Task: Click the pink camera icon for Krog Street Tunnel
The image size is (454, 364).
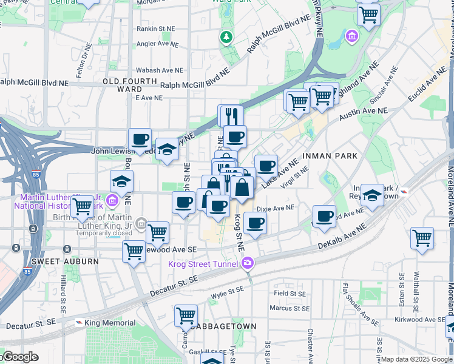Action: (247, 263)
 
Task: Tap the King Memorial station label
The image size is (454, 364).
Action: (103, 323)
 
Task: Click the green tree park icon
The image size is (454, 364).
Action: (227, 38)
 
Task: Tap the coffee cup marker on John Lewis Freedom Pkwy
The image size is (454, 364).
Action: (140, 140)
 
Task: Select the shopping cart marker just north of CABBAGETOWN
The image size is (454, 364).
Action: (186, 315)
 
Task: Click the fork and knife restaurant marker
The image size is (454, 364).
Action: (231, 115)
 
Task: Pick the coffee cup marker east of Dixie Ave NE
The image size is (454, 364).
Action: (325, 216)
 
